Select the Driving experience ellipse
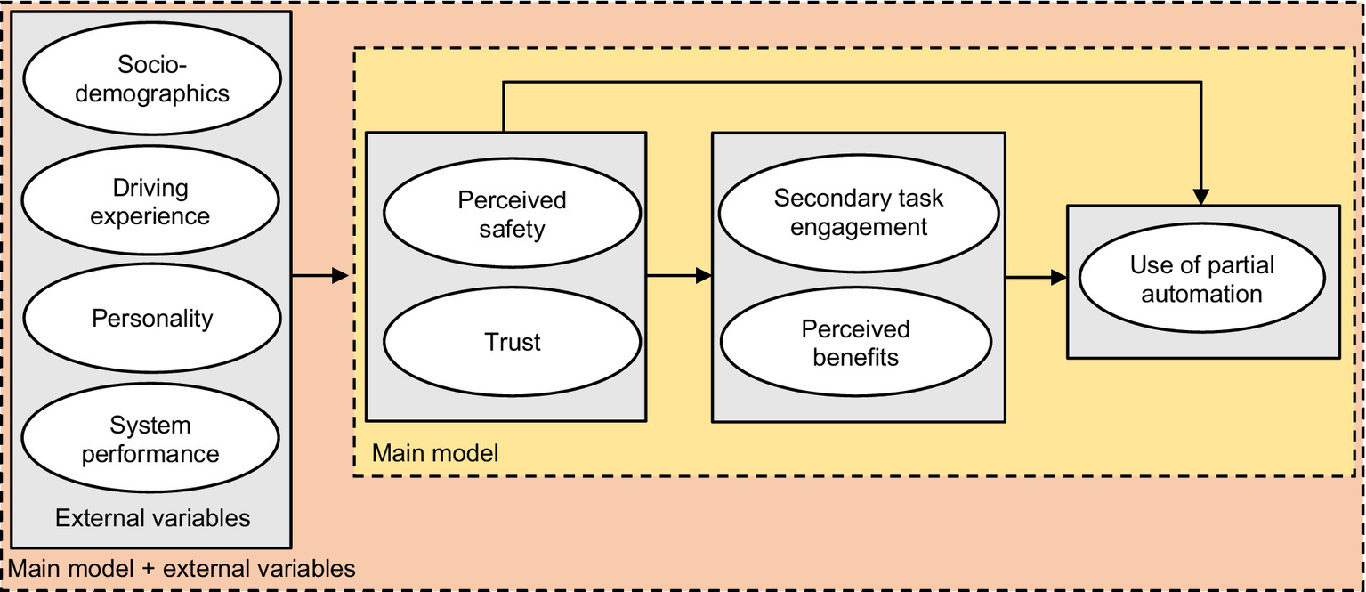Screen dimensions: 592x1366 [x=151, y=201]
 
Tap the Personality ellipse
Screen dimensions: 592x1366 [x=151, y=319]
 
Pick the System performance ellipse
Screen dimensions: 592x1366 [x=151, y=440]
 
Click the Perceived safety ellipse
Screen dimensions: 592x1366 [x=512, y=215]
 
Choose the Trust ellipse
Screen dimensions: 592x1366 [x=512, y=342]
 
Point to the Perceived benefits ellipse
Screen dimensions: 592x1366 [x=855, y=343]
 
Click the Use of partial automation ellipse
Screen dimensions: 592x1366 [x=1201, y=280]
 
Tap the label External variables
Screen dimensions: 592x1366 [x=152, y=518]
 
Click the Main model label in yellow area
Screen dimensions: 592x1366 [x=434, y=453]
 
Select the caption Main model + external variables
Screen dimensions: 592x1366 [x=182, y=568]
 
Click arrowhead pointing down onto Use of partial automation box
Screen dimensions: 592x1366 [x=1202, y=197]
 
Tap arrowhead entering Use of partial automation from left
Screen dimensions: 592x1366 [x=1058, y=278]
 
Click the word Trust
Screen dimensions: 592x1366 [x=512, y=342]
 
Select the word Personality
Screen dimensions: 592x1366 [x=151, y=319]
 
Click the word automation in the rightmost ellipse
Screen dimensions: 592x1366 [x=1201, y=294]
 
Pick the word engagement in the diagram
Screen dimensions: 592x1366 [x=859, y=227]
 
